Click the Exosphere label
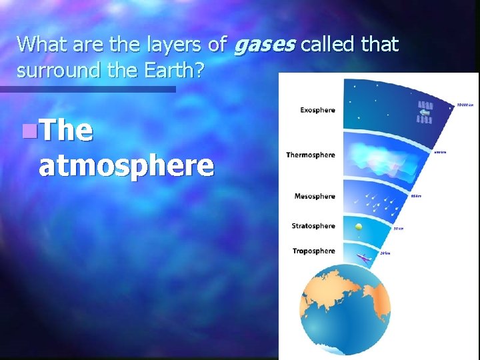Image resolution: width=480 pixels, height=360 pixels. click(317, 110)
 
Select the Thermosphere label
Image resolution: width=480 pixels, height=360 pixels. click(310, 155)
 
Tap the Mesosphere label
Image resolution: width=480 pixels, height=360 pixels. click(315, 197)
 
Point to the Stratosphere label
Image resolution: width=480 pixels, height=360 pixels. click(313, 226)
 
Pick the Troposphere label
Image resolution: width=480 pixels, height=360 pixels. click(313, 251)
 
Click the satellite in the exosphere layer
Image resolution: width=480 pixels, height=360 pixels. click(424, 113)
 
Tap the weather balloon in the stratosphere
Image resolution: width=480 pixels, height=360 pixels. click(359, 227)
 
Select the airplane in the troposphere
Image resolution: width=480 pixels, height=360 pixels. click(364, 257)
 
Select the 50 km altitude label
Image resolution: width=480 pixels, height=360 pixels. click(399, 229)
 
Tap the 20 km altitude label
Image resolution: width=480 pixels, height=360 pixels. click(385, 253)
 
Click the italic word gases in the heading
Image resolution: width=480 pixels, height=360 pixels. click(265, 45)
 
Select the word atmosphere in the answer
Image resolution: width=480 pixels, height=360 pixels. click(126, 165)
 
